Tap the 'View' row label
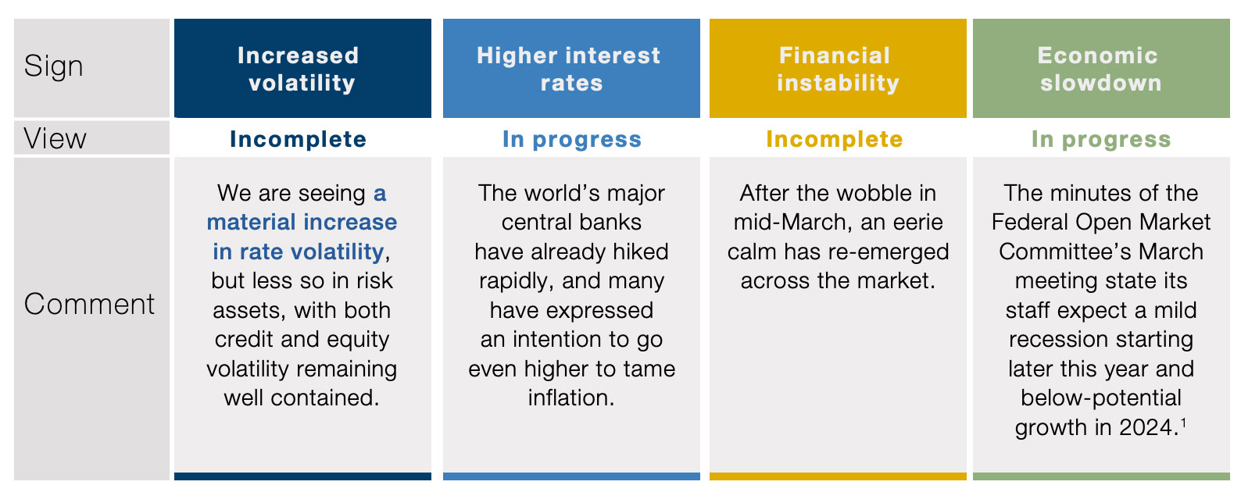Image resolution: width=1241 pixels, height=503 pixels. tap(55, 138)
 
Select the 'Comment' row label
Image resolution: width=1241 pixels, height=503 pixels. tap(89, 304)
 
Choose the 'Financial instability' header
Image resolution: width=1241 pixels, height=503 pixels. tap(838, 69)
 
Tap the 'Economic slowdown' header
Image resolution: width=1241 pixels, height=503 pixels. tap(1100, 69)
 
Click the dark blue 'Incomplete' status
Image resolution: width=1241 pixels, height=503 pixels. tap(298, 139)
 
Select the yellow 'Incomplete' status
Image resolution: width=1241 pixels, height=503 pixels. tap(835, 139)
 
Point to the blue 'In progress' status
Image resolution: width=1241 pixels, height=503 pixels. tap(572, 140)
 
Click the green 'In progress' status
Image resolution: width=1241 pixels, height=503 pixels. tap(1101, 140)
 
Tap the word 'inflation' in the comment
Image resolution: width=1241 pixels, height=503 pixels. tap(569, 398)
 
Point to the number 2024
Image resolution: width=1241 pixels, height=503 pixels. tap(1147, 428)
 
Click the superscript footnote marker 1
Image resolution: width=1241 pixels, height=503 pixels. tap(1183, 422)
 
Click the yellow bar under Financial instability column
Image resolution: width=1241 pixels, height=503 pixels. tap(838, 476)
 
